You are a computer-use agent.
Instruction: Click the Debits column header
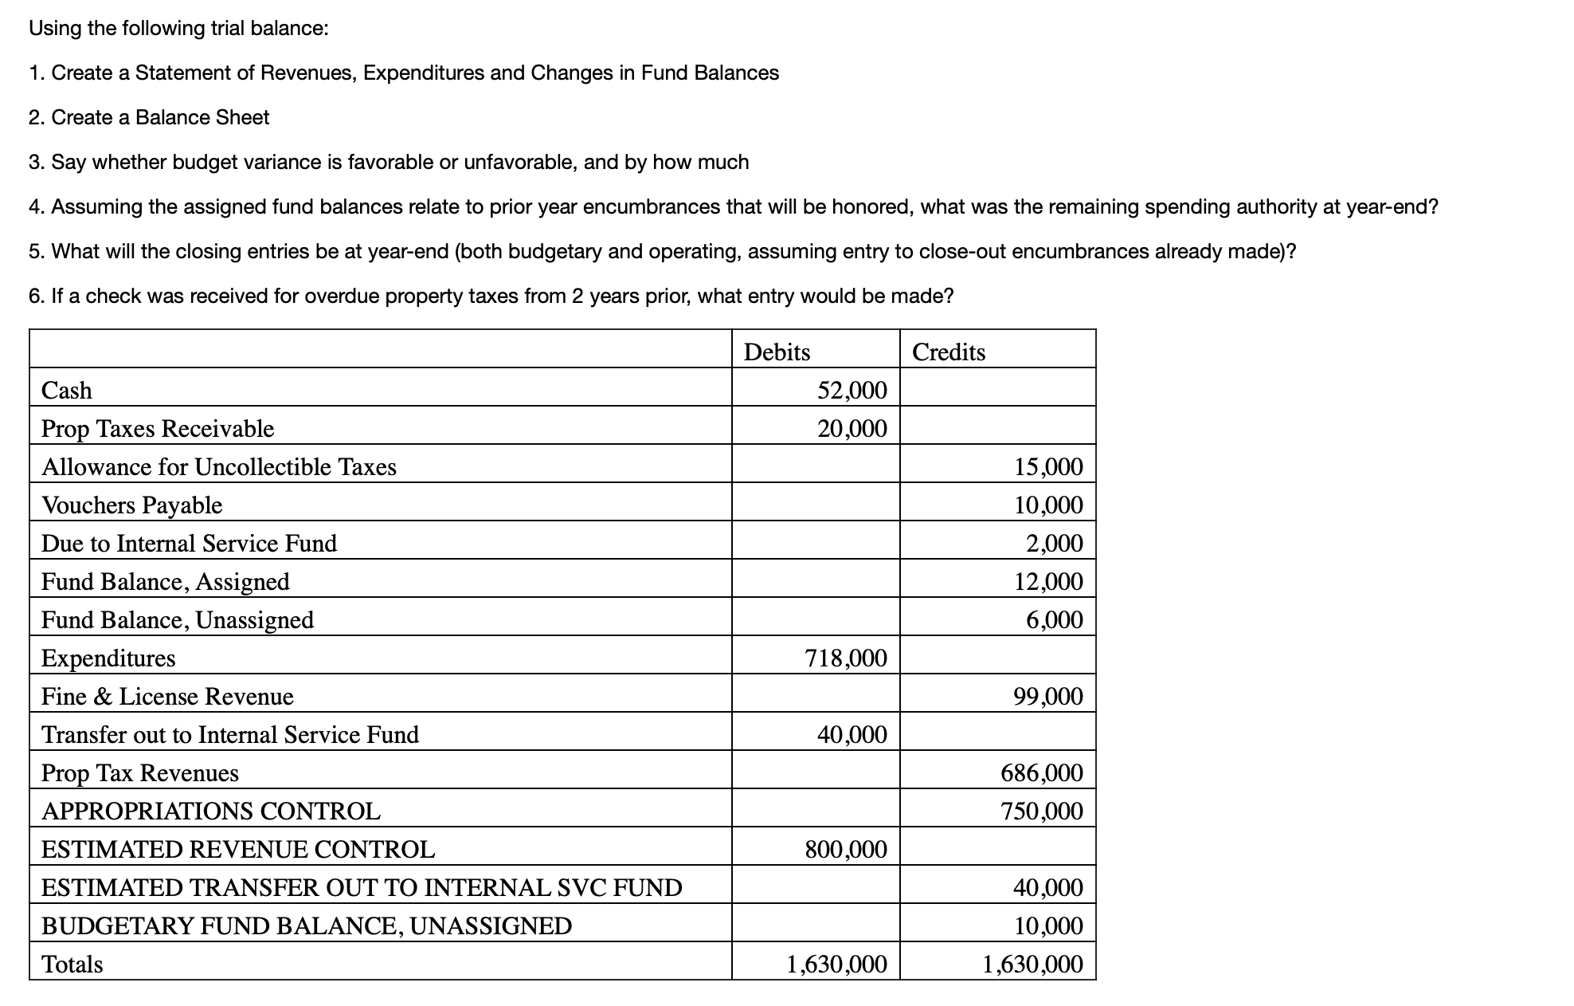777,352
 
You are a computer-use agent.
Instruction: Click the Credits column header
948,352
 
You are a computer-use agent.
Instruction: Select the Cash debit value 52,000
852,390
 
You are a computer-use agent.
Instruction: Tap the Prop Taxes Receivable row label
158,428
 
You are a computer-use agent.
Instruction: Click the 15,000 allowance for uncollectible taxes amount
1047,466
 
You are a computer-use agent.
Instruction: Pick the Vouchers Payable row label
131,505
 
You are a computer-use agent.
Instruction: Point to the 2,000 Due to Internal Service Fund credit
1054,543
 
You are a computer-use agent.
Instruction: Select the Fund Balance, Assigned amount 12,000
1047,581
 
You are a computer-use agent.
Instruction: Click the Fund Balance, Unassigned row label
178,619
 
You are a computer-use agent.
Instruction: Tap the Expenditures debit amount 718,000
845,658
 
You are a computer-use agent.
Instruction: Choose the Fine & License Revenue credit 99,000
1047,696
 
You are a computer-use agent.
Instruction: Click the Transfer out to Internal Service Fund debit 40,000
852,734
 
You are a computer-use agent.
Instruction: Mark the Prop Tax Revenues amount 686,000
1041,772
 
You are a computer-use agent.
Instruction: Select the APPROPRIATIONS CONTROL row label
211,811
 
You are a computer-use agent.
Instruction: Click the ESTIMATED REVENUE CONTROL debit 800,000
845,849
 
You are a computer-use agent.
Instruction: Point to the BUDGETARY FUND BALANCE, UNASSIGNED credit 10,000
1047,925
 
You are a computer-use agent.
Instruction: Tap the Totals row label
72,964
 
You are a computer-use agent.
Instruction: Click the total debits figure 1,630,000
836,964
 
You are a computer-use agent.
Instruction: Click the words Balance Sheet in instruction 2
202,117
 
